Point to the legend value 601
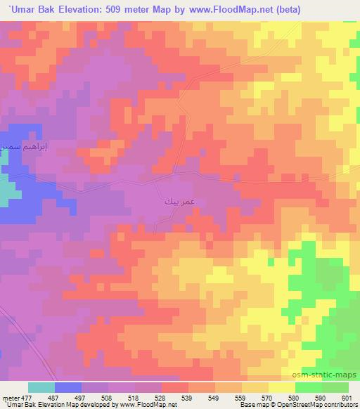click(x=347, y=398)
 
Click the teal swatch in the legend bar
click(x=41, y=388)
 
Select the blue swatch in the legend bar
click(x=68, y=388)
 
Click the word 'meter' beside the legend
click(x=9, y=398)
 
